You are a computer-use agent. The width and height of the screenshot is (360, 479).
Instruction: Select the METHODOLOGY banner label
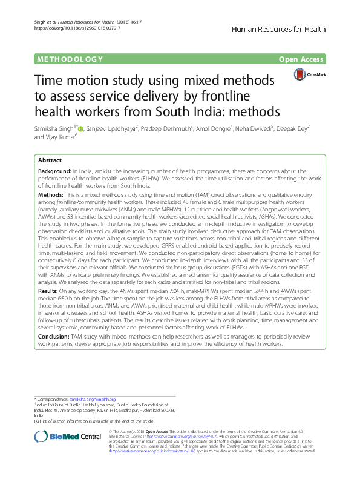(x=68, y=59)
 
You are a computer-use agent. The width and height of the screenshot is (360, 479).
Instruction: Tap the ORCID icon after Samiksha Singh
(x=80, y=128)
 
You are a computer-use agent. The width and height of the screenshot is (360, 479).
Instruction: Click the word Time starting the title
(x=51, y=81)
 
